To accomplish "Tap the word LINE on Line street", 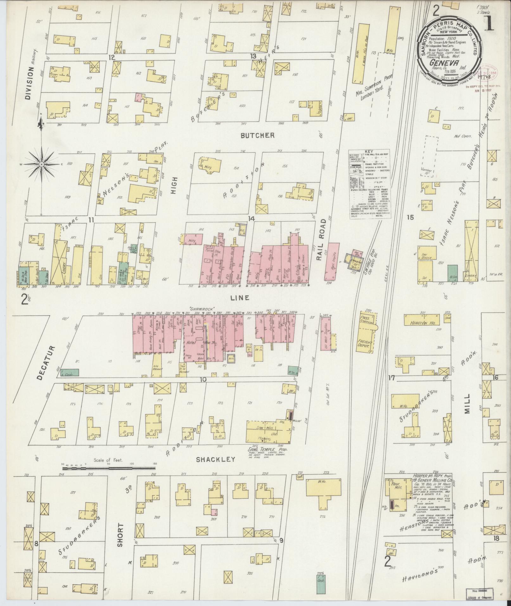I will click(x=240, y=298).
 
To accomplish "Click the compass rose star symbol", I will click(x=42, y=164).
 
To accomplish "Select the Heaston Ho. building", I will click(x=421, y=323).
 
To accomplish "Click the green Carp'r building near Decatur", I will click(x=70, y=373).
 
